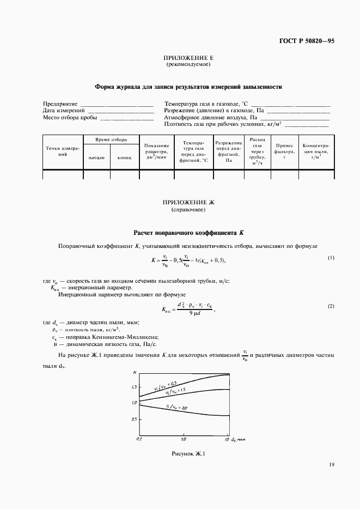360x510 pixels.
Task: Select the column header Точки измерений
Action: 63,151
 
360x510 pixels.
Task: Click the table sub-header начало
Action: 96,158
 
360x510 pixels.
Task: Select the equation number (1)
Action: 331,257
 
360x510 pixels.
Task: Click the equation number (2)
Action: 331,307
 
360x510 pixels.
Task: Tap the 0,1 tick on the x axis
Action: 138,439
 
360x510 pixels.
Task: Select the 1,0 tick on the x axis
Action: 183,439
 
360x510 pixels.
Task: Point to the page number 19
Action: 331,465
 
